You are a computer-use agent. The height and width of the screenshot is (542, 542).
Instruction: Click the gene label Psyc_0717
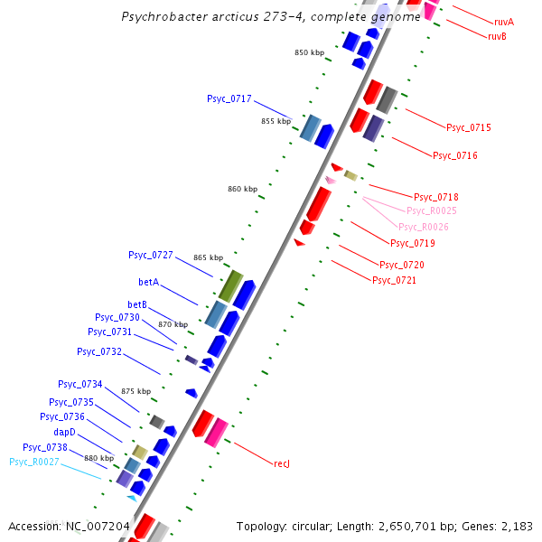click(229, 98)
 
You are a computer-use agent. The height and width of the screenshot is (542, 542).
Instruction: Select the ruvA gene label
click(504, 21)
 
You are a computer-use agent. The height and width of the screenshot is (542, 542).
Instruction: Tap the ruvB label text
click(497, 36)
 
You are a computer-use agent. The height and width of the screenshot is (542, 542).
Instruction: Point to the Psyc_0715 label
click(468, 127)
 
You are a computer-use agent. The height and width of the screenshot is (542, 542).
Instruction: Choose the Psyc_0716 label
click(454, 155)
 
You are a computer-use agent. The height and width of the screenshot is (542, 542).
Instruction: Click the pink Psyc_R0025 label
click(431, 210)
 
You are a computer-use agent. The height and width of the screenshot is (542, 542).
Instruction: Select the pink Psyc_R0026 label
click(423, 227)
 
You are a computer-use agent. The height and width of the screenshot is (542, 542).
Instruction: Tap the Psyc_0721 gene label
click(395, 280)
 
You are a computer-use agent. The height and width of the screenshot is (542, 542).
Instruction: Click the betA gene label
click(148, 282)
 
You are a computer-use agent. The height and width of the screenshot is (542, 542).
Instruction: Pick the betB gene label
click(137, 304)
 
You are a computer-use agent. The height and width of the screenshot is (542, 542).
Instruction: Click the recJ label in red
click(281, 463)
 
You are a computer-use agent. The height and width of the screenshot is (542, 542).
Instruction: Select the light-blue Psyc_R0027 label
click(33, 462)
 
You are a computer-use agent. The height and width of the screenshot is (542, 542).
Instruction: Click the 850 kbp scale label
click(309, 52)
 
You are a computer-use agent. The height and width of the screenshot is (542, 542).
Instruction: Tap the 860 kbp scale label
click(242, 189)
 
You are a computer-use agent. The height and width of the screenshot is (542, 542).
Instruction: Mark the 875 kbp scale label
click(135, 391)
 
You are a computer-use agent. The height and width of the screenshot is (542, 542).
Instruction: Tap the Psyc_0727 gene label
click(151, 256)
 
